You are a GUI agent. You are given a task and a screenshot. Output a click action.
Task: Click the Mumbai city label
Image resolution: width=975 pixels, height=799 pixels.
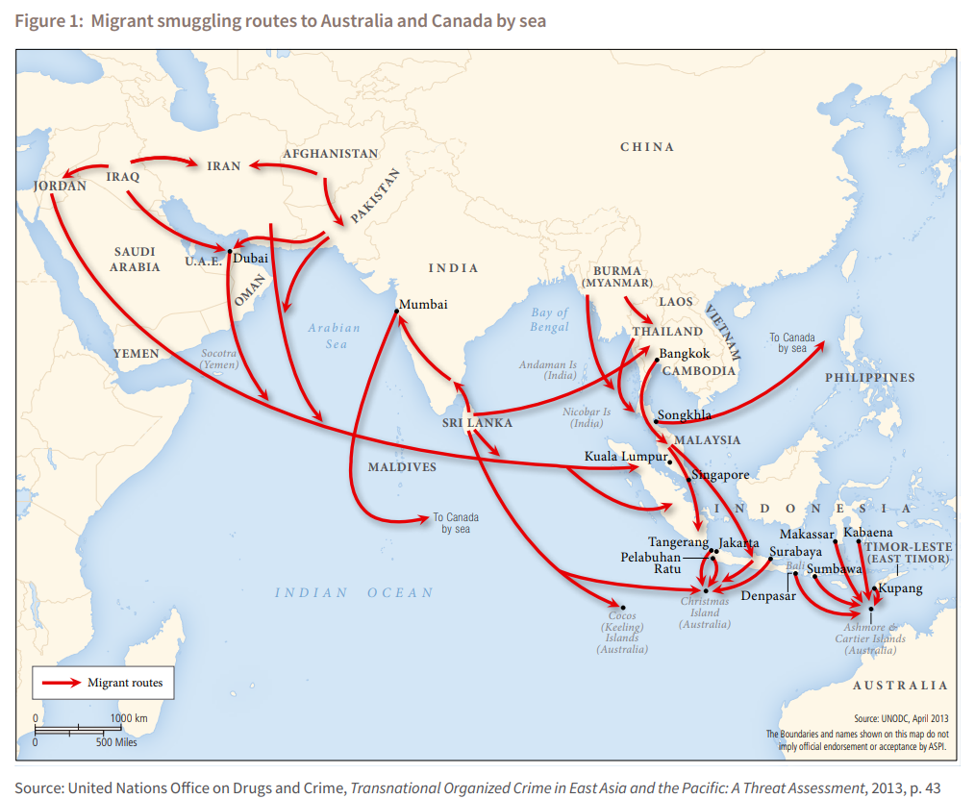[x=423, y=304]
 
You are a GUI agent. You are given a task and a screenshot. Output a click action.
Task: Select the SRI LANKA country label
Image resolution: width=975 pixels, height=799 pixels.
[x=477, y=423]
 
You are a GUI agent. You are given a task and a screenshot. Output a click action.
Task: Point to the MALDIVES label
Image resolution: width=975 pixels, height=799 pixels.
[x=402, y=467]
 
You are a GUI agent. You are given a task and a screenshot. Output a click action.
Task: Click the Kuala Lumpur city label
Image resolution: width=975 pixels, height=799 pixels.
[x=625, y=456]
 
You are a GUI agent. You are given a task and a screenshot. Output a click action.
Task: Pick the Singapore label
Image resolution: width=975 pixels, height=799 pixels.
[x=720, y=475]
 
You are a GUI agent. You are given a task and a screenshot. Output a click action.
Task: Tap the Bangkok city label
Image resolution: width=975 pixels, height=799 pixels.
[x=685, y=354]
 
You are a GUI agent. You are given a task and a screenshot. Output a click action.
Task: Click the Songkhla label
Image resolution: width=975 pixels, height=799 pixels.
[x=685, y=415]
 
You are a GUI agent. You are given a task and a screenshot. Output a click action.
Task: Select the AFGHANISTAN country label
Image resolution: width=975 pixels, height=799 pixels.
[x=330, y=154]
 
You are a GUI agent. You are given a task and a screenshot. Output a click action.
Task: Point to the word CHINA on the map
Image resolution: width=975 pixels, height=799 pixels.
[x=647, y=147]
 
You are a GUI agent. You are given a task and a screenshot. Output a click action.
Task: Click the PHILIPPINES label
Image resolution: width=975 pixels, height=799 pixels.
[x=869, y=378]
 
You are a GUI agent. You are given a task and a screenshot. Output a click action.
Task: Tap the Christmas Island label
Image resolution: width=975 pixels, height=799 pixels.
[x=704, y=612]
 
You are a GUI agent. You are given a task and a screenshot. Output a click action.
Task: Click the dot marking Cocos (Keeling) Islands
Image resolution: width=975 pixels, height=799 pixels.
[x=623, y=608]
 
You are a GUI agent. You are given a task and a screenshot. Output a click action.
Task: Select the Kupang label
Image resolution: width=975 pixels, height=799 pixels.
[x=901, y=588]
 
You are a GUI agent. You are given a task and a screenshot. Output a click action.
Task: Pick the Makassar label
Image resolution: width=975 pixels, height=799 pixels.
[x=807, y=534]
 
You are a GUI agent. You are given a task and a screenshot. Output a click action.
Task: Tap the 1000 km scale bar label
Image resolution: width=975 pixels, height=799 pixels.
[x=128, y=718]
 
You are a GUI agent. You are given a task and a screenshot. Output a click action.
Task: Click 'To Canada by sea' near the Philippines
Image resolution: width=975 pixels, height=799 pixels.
[x=791, y=343]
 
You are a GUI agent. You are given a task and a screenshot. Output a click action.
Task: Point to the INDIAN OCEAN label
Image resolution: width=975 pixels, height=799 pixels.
[x=354, y=592]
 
